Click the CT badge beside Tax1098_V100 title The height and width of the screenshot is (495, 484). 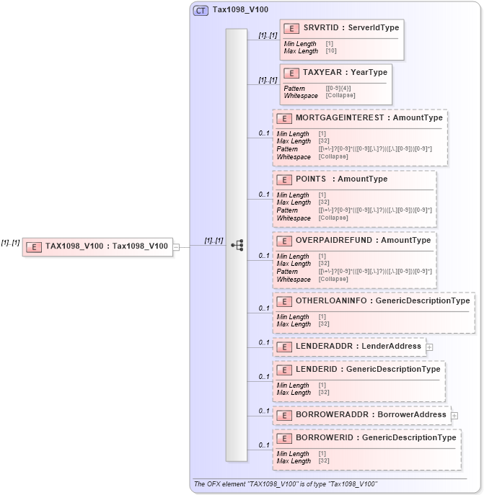coord(201,11)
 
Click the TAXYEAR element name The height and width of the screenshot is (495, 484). coord(322,72)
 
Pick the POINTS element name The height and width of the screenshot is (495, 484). coord(312,179)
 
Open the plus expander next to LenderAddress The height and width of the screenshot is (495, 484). coord(429,347)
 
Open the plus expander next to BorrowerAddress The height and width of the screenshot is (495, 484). coord(454,415)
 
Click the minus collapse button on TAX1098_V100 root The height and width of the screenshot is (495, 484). coord(176,246)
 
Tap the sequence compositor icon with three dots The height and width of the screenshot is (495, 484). coord(237,245)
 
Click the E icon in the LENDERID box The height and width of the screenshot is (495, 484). coord(284,370)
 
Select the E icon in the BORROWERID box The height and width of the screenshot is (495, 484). coord(284,437)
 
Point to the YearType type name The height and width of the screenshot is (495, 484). coord(369,72)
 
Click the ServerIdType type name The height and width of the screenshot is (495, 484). coord(374,27)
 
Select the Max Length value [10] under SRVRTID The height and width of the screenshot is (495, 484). coord(330,51)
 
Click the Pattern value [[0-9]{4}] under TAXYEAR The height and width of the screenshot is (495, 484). coord(340,88)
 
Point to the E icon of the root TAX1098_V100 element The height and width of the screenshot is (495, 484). coord(33,246)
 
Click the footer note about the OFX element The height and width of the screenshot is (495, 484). coord(285,483)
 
